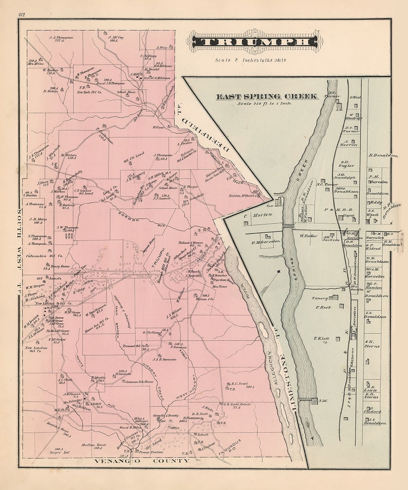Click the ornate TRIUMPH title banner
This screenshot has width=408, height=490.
pyautogui.click(x=254, y=42)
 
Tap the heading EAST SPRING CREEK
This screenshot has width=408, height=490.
pyautogui.click(x=266, y=96)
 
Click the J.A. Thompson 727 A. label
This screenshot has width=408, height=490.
pyautogui.click(x=62, y=39)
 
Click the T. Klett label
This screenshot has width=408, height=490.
pyautogui.click(x=321, y=338)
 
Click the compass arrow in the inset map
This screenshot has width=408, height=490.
pyautogui.click(x=279, y=270)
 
